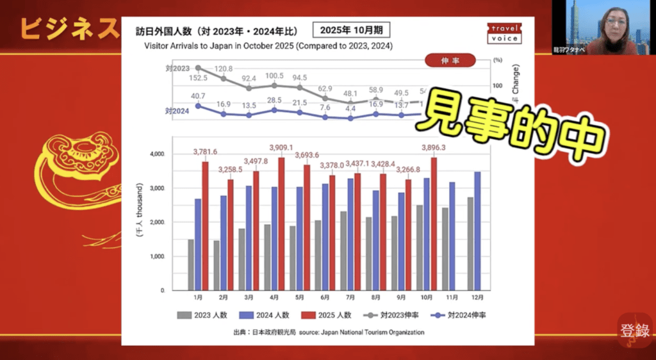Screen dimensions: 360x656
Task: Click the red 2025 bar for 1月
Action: pyautogui.click(x=205, y=226)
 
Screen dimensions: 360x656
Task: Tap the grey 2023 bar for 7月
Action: pyautogui.click(x=343, y=251)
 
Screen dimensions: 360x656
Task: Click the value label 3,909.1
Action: pyautogui.click(x=281, y=148)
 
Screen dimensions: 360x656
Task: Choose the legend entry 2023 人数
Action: pyautogui.click(x=200, y=315)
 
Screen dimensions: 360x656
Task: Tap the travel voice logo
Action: pyautogui.click(x=504, y=33)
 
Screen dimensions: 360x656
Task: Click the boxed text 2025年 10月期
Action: pyautogui.click(x=350, y=31)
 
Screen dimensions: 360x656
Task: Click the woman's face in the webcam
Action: pyautogui.click(x=614, y=23)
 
